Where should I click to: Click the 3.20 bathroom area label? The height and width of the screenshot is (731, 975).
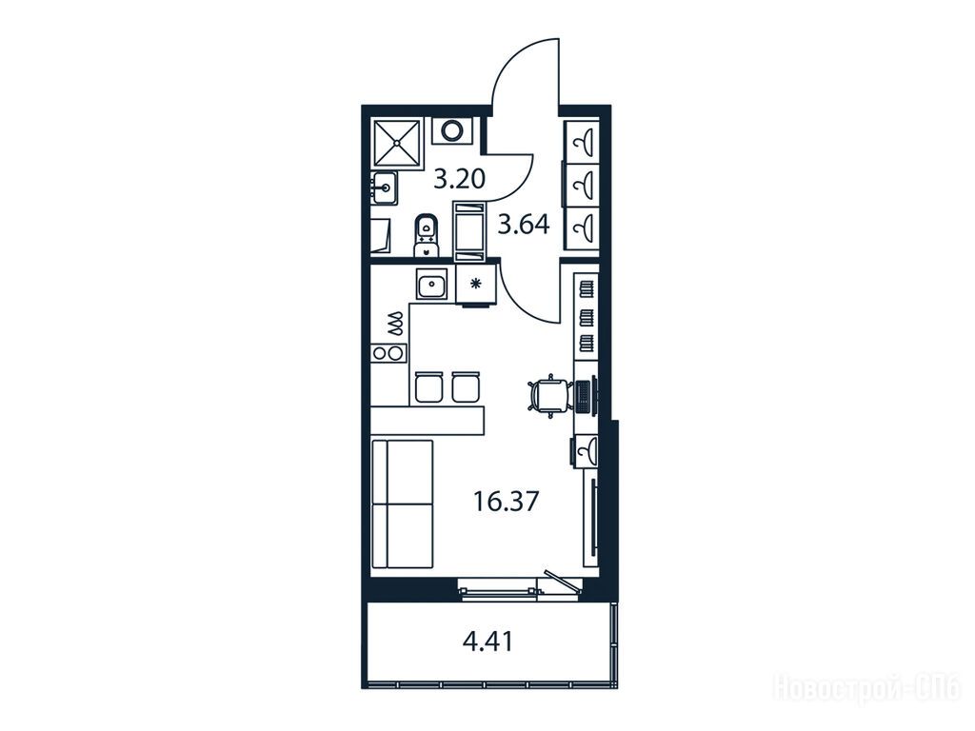(460, 180)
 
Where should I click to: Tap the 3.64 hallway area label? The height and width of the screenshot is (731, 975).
(525, 225)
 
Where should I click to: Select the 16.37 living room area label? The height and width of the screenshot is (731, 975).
(506, 501)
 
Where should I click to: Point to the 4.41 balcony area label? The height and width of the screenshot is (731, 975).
(488, 642)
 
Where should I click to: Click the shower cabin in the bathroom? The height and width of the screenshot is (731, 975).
(395, 144)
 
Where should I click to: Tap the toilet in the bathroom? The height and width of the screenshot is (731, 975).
(426, 235)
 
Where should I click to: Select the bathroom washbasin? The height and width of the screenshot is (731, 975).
(385, 187)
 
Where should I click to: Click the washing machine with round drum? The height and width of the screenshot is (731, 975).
(452, 130)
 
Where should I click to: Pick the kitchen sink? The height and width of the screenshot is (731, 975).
(432, 286)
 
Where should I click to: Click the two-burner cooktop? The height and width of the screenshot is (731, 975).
(388, 353)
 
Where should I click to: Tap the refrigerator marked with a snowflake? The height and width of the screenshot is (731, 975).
(476, 285)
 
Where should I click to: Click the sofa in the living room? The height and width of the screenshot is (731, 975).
(402, 504)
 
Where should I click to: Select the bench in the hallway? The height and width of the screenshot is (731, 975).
(470, 230)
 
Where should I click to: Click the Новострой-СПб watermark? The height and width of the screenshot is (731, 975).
(866, 687)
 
